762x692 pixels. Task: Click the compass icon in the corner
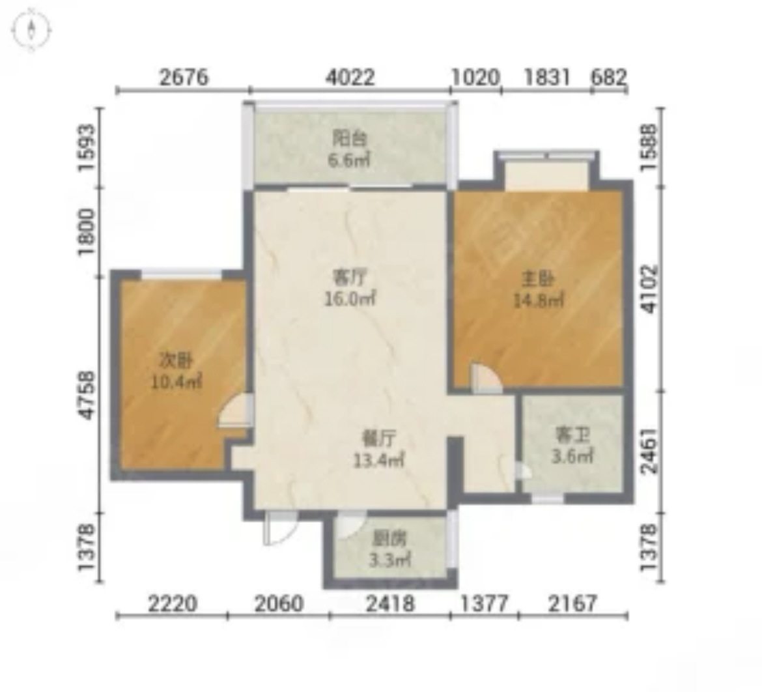(x=31, y=30)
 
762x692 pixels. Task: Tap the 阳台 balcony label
(x=349, y=139)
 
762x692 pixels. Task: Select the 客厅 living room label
(x=349, y=278)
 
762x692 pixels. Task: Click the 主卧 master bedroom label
(x=538, y=280)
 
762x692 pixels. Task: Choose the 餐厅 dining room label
(x=379, y=439)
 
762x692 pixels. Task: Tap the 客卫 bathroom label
(x=572, y=435)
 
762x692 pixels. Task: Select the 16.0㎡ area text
(x=350, y=298)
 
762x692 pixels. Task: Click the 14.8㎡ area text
(x=539, y=300)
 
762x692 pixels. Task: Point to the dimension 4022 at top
(x=350, y=78)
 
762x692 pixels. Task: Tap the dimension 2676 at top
(x=184, y=78)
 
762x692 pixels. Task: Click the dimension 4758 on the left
(x=88, y=396)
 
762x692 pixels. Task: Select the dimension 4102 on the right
(x=649, y=289)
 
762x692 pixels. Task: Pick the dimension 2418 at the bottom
(x=390, y=603)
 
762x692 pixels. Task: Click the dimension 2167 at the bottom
(x=572, y=603)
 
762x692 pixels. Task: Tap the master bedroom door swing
(x=486, y=378)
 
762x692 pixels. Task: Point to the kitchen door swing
(x=351, y=525)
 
